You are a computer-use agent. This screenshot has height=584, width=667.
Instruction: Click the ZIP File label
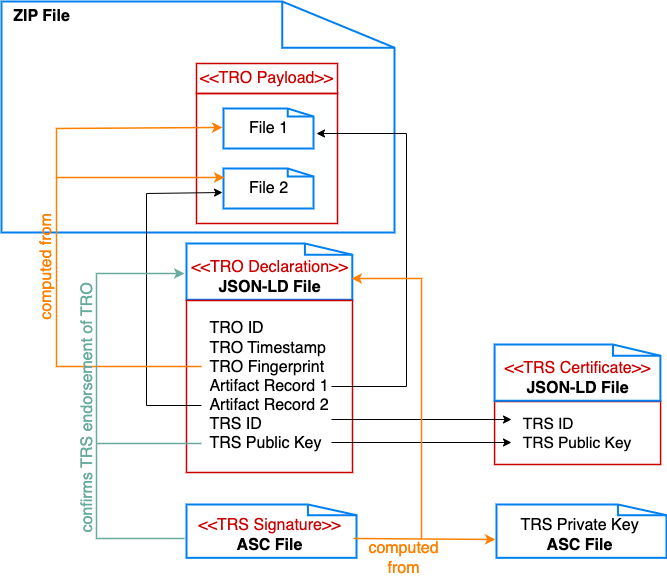tap(41, 17)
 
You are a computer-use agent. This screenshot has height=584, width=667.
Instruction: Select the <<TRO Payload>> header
tap(266, 78)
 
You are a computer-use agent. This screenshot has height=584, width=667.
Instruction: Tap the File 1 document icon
tap(267, 128)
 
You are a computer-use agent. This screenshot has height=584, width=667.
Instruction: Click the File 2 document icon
tap(267, 188)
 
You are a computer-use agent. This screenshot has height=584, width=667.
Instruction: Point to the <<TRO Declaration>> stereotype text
tap(268, 266)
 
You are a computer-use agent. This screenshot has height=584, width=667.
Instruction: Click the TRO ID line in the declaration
tap(237, 327)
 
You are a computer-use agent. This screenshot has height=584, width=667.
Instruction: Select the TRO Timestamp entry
tap(267, 347)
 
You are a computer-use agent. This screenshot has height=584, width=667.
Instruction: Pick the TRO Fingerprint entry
tap(266, 366)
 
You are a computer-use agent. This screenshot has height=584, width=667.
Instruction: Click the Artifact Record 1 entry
tap(269, 385)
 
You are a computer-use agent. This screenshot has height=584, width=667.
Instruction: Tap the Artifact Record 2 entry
tap(269, 405)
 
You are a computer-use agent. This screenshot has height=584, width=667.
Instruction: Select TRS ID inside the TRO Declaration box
tap(236, 424)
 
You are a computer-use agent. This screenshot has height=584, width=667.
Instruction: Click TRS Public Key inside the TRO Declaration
tap(265, 443)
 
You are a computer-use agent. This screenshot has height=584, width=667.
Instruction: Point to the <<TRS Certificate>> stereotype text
tap(577, 368)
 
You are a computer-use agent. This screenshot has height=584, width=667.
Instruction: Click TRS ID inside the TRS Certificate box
tap(548, 424)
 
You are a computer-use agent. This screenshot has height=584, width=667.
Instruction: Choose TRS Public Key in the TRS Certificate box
tap(577, 443)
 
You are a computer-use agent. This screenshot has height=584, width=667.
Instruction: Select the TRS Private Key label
tap(579, 525)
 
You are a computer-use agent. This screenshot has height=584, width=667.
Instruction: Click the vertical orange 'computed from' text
tap(45, 265)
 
